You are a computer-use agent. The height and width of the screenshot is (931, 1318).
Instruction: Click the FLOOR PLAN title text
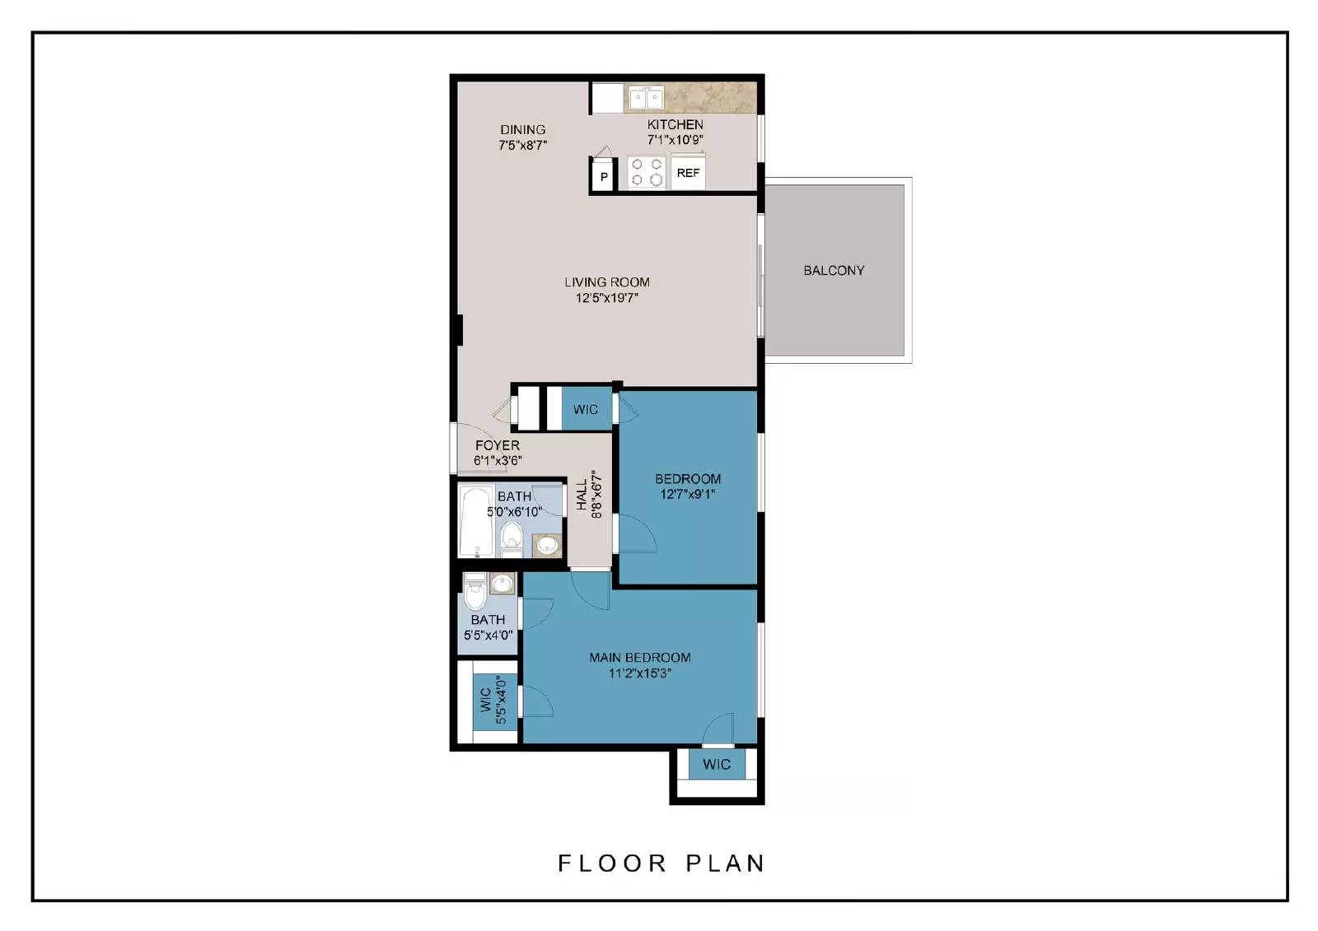pyautogui.click(x=661, y=863)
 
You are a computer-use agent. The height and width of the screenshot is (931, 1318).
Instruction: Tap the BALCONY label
pyautogui.click(x=834, y=270)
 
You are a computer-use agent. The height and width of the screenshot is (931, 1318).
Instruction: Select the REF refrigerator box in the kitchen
pyautogui.click(x=688, y=173)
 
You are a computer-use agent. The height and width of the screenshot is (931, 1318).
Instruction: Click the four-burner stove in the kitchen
pyautogui.click(x=647, y=172)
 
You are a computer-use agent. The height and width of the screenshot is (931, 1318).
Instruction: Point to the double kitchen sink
pyautogui.click(x=646, y=99)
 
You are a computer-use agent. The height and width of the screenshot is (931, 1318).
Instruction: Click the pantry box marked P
pyautogui.click(x=603, y=176)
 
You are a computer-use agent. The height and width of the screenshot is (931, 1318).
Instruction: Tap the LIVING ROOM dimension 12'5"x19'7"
pyautogui.click(x=607, y=298)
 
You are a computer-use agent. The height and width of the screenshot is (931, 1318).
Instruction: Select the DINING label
pyautogui.click(x=522, y=129)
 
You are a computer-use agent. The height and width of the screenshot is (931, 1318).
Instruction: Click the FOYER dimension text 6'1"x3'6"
pyautogui.click(x=498, y=461)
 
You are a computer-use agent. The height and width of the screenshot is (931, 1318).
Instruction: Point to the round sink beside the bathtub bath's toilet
pyautogui.click(x=546, y=544)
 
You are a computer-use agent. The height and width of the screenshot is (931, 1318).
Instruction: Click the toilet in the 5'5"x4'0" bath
pyautogui.click(x=474, y=592)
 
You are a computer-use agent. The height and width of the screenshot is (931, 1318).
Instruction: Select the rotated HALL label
pyautogui.click(x=582, y=494)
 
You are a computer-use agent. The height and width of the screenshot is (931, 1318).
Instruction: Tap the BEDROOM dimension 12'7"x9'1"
pyautogui.click(x=688, y=495)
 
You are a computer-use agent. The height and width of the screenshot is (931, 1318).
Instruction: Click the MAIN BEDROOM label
pyautogui.click(x=640, y=657)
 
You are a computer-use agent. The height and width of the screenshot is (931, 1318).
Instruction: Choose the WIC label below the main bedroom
pyautogui.click(x=716, y=764)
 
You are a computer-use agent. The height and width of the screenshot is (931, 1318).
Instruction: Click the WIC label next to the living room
pyautogui.click(x=586, y=409)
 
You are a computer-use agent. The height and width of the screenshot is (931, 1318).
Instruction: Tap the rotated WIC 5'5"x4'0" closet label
pyautogui.click(x=493, y=701)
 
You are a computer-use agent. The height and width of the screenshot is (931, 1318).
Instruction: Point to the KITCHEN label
pyautogui.click(x=675, y=124)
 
